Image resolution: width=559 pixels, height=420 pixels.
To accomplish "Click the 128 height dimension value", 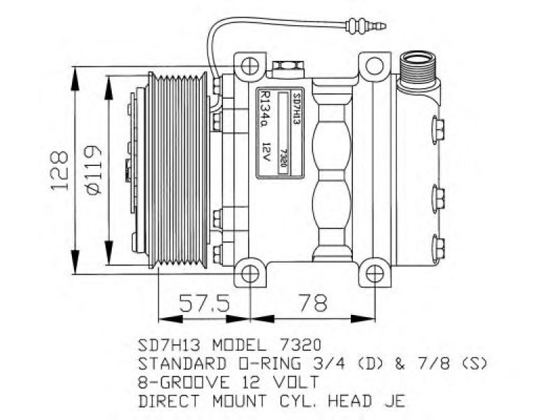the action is [59, 171].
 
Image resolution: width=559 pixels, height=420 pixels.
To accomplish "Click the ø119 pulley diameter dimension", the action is [94, 170].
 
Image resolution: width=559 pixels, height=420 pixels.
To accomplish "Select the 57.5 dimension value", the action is [204, 304].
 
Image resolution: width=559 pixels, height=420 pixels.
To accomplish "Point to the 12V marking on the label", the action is [266, 152].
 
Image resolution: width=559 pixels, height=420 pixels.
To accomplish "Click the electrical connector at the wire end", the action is [365, 26].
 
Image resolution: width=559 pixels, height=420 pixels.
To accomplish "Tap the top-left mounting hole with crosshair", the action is [249, 66].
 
